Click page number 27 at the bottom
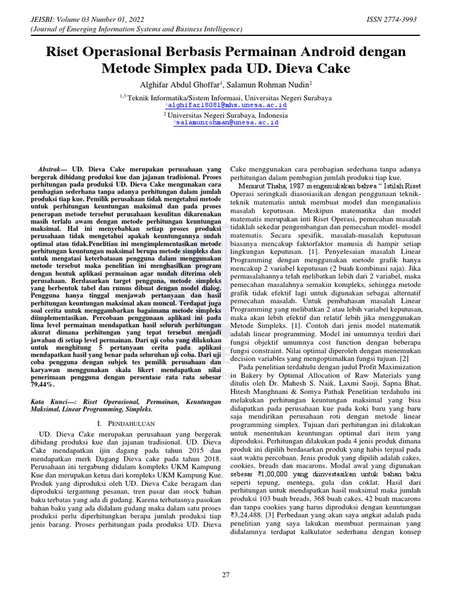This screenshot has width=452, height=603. pyautogui.click(x=226, y=575)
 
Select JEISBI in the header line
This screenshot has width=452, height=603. pyautogui.click(x=34, y=20)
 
